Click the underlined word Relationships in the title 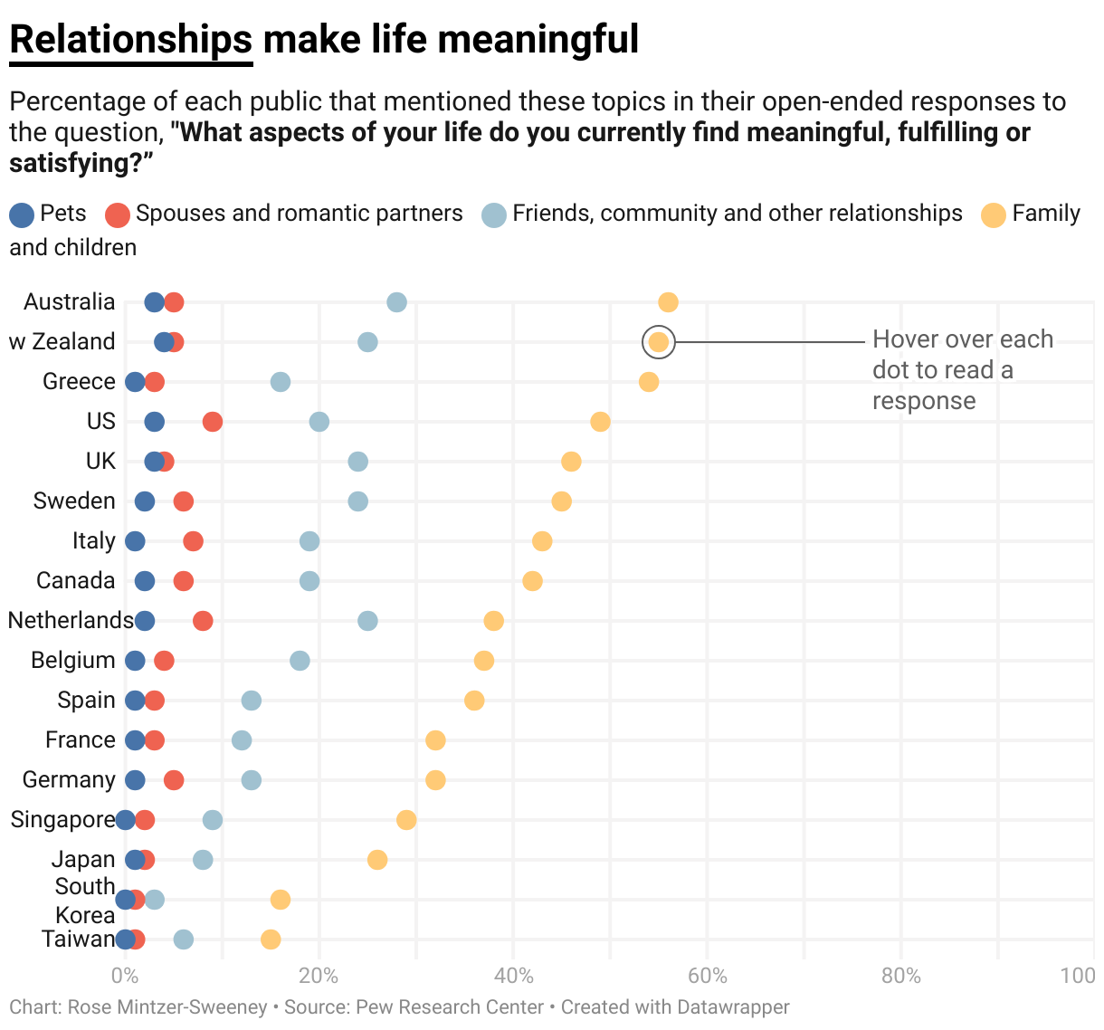(x=130, y=40)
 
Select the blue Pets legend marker (x=22, y=215)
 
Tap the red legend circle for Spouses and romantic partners (x=118, y=215)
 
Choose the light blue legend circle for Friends (x=494, y=215)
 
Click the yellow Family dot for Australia (x=668, y=302)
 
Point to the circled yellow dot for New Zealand (x=658, y=342)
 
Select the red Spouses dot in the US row (x=213, y=422)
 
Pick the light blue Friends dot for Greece (x=281, y=382)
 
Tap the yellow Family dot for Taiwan (x=271, y=939)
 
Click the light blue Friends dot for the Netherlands (x=367, y=621)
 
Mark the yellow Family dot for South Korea (x=281, y=900)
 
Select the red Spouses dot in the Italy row (x=193, y=541)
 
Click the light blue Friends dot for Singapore (x=213, y=820)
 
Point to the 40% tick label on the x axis (x=513, y=976)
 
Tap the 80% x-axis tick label (x=900, y=976)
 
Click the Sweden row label (x=74, y=501)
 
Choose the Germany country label (x=69, y=780)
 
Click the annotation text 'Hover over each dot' (x=962, y=340)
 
